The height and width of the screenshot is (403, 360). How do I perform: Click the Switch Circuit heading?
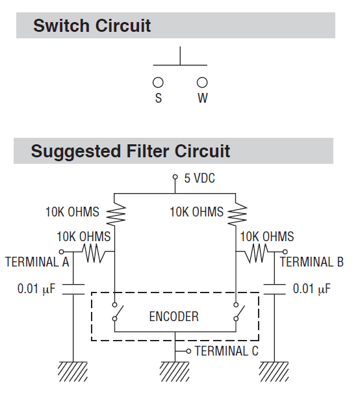[x=92, y=26]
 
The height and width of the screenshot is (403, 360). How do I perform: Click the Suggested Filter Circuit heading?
[x=130, y=151]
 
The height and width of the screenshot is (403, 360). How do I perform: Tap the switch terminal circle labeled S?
[x=157, y=83]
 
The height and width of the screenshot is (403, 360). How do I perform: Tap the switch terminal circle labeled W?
[x=202, y=83]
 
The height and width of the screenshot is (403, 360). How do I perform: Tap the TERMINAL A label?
[x=37, y=263]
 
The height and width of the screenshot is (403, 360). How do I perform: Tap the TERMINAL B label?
[x=312, y=263]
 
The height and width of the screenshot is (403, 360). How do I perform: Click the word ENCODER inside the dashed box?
[x=174, y=317]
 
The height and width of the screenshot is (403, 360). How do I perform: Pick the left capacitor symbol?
[x=73, y=289]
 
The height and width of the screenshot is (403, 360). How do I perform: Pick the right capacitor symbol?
[x=274, y=289]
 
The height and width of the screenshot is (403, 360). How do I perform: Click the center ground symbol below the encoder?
[x=175, y=371]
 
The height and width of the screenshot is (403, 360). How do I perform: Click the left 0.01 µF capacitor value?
[x=36, y=288]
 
